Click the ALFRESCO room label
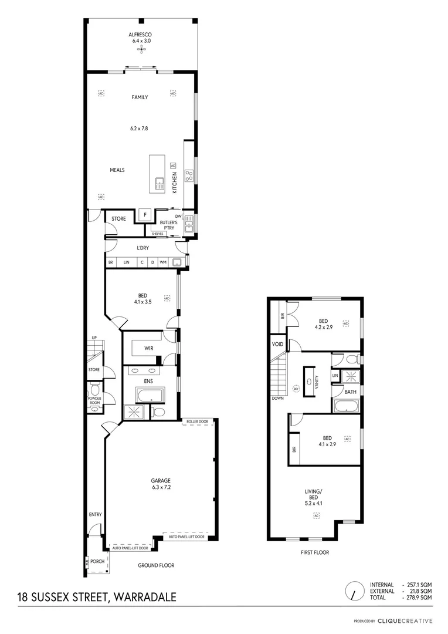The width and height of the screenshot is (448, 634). pyautogui.click(x=141, y=35)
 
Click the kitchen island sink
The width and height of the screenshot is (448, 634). pyautogui.click(x=159, y=183)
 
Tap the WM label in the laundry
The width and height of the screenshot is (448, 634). pyautogui.click(x=163, y=262)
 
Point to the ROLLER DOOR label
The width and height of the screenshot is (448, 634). pyautogui.click(x=198, y=421)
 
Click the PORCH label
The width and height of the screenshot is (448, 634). pyautogui.click(x=97, y=561)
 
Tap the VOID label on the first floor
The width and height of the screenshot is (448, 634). pyautogui.click(x=277, y=345)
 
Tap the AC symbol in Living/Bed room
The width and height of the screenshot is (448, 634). pyautogui.click(x=317, y=515)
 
